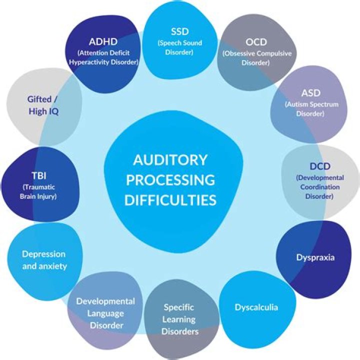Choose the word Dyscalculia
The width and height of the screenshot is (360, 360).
point(256,307)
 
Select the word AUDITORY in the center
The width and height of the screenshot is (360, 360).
point(170,160)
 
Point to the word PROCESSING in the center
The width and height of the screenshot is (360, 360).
point(170,180)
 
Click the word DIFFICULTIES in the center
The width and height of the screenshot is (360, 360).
point(170,200)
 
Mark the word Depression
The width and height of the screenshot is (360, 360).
point(43,254)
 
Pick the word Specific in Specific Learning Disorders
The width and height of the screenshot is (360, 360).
point(178,307)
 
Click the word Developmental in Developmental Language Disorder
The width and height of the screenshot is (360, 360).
point(105,301)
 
